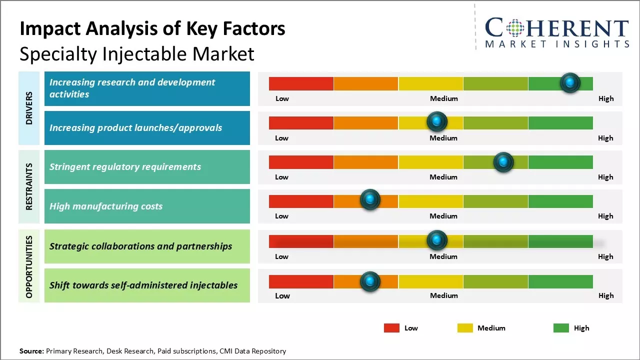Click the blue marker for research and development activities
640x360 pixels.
pos(570,83)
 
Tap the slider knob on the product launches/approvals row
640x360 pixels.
pos(437,121)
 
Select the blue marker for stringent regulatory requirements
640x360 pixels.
pos(503,162)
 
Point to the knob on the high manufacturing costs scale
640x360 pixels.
pos(370,200)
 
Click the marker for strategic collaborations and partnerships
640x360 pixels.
pos(437,240)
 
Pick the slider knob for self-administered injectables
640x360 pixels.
pos(370,281)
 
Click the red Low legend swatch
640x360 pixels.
pos(391,328)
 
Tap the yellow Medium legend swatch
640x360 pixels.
pos(465,328)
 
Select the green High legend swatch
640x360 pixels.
pos(561,328)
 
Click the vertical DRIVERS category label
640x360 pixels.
pos(29,108)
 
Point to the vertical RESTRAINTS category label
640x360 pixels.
pos(29,186)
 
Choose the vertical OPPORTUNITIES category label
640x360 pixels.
pos(29,266)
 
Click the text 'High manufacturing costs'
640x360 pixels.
pos(106,206)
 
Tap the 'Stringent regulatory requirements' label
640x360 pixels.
pos(125,167)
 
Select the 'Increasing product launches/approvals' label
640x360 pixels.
pos(135,127)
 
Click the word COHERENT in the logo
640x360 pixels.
pos(557,28)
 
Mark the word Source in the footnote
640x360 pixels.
pos(31,351)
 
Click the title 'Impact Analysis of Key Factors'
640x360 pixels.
pos(152,29)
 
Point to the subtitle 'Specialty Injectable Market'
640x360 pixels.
pos(137,54)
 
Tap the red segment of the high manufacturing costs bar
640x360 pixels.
pos(301,201)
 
